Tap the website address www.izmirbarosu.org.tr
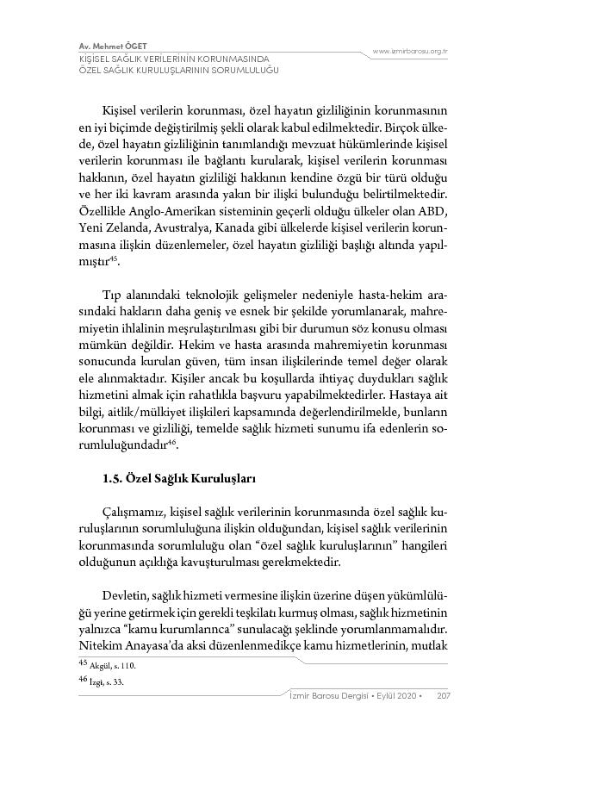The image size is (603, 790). [410, 52]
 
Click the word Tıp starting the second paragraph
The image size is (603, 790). [113, 293]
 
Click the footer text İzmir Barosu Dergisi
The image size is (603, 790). [332, 696]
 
